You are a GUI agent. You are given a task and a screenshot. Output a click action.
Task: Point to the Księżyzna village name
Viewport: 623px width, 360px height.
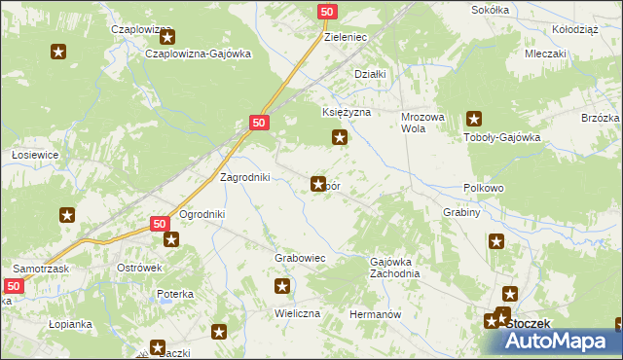[348, 113]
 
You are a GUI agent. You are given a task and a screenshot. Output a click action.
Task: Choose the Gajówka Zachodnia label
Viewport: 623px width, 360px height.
[394, 268]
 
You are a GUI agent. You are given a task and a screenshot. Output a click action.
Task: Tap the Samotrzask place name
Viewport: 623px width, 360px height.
[39, 267]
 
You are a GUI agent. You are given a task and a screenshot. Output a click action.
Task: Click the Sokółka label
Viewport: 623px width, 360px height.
[490, 9]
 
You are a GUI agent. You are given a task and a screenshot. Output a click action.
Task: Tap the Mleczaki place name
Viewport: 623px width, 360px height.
[545, 54]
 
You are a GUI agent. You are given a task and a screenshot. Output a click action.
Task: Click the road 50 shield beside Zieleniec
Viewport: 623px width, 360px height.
[328, 12]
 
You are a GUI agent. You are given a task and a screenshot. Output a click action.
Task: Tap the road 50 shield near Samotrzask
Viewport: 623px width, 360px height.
[13, 286]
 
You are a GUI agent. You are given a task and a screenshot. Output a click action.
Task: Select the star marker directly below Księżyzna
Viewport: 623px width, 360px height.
[339, 137]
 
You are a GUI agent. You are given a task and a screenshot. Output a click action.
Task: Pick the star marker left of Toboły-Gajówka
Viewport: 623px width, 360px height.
[474, 120]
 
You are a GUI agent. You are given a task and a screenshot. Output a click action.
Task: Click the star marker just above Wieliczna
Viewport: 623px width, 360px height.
[282, 286]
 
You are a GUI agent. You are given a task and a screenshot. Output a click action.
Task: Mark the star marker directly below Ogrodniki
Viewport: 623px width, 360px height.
[171, 239]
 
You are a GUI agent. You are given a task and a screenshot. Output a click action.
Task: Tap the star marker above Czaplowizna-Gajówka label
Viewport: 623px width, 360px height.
[167, 38]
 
